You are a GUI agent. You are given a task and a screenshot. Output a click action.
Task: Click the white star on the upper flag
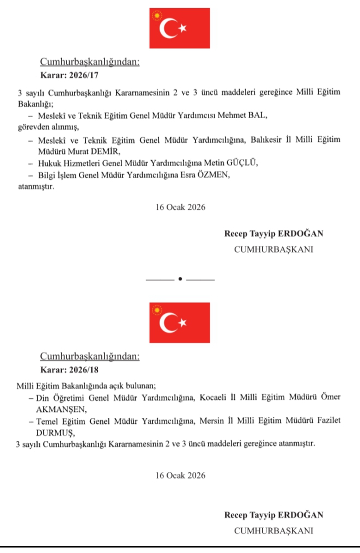pyautogui.click(x=183, y=27)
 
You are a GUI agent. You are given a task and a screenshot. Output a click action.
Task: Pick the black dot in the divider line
pyautogui.click(x=180, y=279)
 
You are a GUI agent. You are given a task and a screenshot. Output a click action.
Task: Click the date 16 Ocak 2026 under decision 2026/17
pyautogui.click(x=180, y=208)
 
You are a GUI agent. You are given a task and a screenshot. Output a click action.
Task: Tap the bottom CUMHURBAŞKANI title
pyautogui.click(x=273, y=530)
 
